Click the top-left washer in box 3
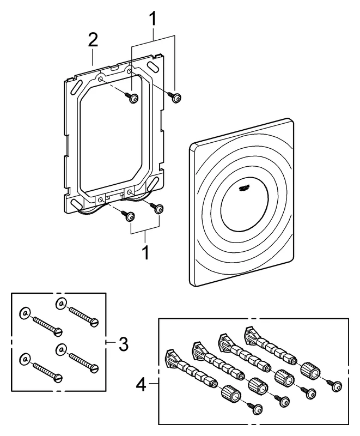coord(25,313)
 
